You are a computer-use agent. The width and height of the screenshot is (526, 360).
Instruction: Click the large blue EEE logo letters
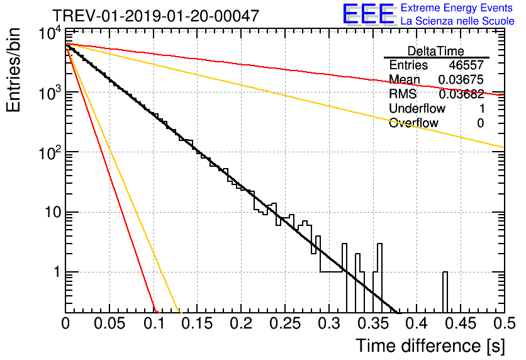pos(368,14)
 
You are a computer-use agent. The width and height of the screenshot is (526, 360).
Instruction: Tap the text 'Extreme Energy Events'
pos(457,9)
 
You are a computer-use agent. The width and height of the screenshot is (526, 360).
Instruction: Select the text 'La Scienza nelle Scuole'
pos(457,21)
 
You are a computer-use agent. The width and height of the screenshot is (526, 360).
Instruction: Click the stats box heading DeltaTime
pos(435,51)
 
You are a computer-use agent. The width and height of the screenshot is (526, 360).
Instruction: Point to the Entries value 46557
pos(466,65)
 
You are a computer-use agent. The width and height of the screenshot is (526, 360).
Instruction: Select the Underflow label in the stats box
pos(417,108)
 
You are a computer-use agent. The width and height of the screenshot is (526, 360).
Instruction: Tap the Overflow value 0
pos(480,123)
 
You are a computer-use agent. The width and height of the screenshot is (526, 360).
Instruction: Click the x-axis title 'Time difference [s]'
pos(430,346)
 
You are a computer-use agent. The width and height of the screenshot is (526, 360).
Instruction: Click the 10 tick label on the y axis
pos(48,212)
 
